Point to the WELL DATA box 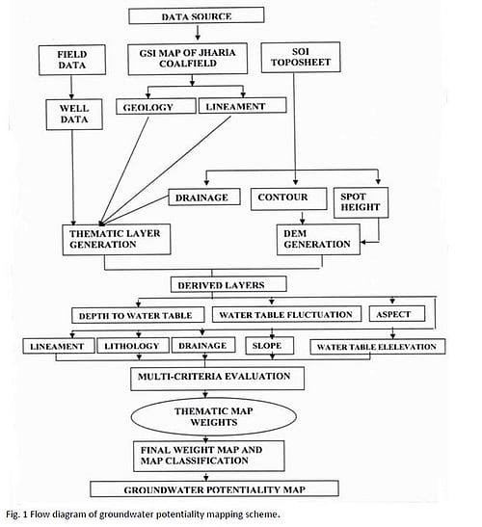(68, 115)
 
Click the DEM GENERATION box (316, 238)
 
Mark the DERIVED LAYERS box (218, 285)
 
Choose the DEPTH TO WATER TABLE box (135, 315)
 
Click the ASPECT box (391, 314)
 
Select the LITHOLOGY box (133, 346)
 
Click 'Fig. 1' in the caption (15, 513)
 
